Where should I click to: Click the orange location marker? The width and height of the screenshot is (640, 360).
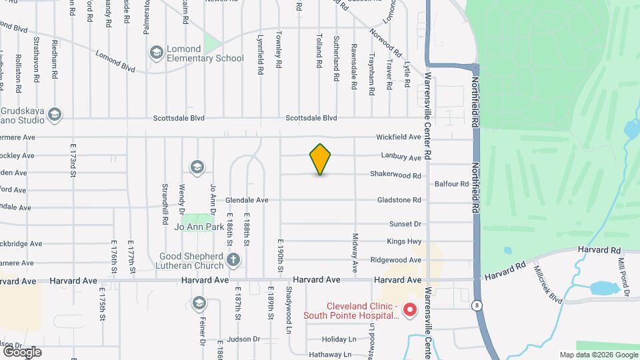(x=321, y=159)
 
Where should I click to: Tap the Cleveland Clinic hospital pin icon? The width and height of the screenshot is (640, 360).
(x=411, y=310)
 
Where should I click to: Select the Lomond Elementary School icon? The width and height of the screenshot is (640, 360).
(x=156, y=52)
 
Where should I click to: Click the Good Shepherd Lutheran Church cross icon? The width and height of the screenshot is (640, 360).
(x=233, y=259)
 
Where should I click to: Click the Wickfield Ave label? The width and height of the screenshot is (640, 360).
(x=399, y=137)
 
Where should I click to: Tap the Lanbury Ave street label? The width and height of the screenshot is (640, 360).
(x=401, y=158)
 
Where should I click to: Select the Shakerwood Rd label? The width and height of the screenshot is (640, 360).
(x=396, y=176)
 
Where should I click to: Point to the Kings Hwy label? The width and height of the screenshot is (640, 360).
(x=404, y=242)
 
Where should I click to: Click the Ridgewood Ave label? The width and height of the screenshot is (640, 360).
(x=396, y=260)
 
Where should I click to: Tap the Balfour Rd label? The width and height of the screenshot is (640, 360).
(x=451, y=184)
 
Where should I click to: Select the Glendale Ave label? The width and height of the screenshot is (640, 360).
(x=247, y=200)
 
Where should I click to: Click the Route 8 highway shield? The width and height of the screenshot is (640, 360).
(x=475, y=305)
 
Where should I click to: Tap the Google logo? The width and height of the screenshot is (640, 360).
(x=22, y=351)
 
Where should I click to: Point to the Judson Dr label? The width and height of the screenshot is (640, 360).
(x=243, y=339)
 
